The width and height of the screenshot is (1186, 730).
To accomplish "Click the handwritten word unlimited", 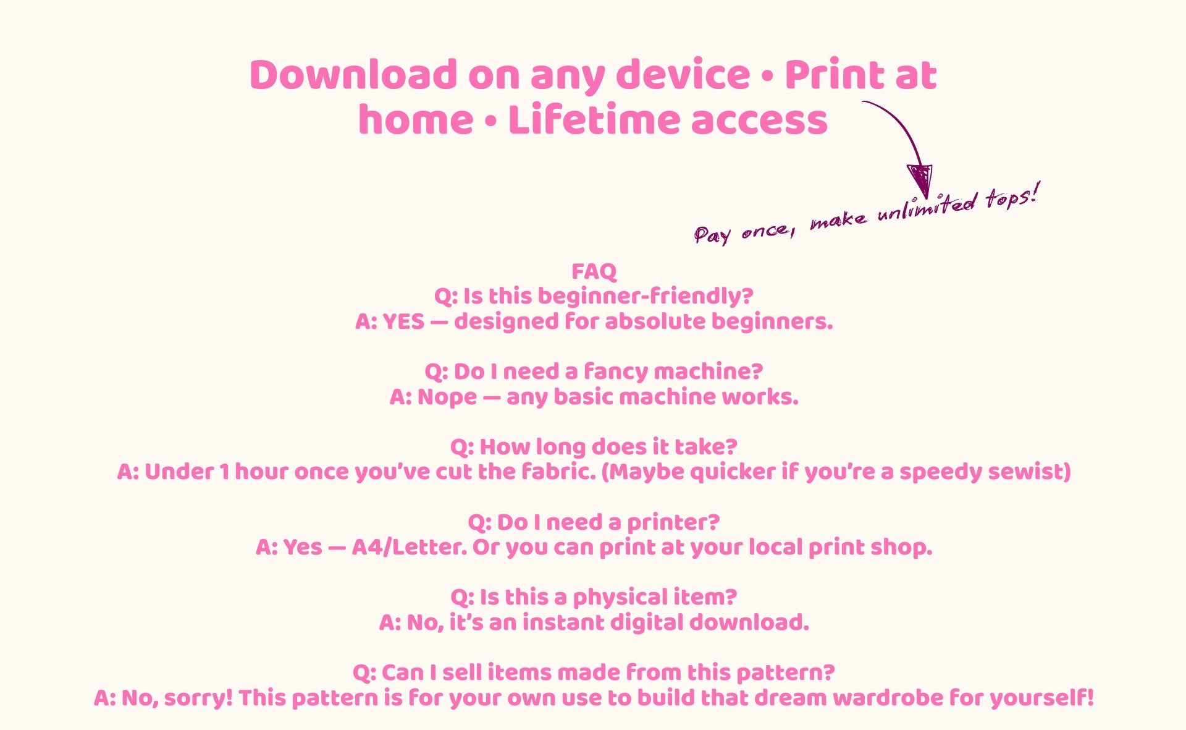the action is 927,207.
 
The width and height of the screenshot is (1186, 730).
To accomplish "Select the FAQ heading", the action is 594,271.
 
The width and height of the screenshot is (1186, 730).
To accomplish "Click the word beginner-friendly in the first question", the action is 639,296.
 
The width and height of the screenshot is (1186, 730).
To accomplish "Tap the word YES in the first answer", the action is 404,321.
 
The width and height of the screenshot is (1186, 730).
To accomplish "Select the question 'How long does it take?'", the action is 594,447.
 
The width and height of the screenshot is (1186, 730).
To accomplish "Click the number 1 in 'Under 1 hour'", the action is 224,472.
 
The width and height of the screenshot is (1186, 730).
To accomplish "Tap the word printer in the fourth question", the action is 673,523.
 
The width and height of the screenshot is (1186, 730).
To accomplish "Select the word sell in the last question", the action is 463,673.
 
